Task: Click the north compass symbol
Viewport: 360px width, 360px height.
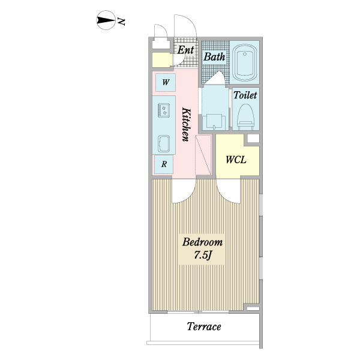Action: [x=106, y=20]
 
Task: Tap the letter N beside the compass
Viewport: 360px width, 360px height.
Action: [x=121, y=21]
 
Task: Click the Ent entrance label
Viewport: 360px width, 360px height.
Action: [x=185, y=50]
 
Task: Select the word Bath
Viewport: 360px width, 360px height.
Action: [x=214, y=57]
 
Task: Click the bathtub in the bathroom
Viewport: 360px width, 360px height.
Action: [x=244, y=62]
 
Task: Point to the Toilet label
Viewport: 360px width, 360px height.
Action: [x=245, y=95]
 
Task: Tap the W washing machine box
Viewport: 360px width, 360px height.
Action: [x=166, y=82]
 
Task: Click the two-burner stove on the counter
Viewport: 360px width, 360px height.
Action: [x=164, y=110]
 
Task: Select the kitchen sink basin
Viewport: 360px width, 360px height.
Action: [x=164, y=144]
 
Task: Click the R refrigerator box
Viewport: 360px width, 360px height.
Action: [x=164, y=164]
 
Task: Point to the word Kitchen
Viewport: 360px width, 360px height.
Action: [x=186, y=124]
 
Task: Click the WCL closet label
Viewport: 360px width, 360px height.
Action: [x=236, y=160]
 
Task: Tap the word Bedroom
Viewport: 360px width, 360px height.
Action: [x=203, y=242]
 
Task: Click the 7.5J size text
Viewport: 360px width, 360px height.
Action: [x=203, y=255]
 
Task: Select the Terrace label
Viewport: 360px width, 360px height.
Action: [x=204, y=326]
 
